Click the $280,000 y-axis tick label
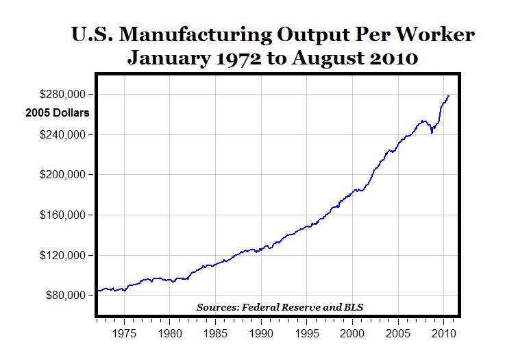pos(66,94)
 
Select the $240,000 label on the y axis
pos(66,134)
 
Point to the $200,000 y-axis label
pos(66,175)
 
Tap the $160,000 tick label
pos(66,215)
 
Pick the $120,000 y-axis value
pos(66,256)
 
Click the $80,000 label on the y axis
pos(69,296)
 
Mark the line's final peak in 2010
pos(449,96)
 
